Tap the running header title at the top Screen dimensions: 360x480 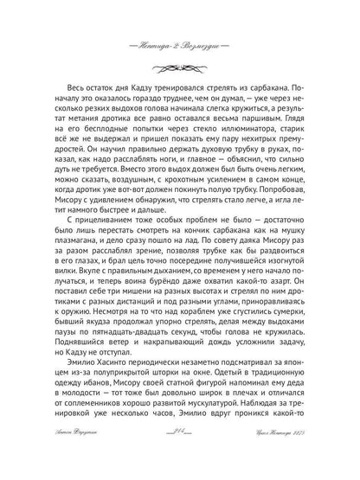click(180, 20)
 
